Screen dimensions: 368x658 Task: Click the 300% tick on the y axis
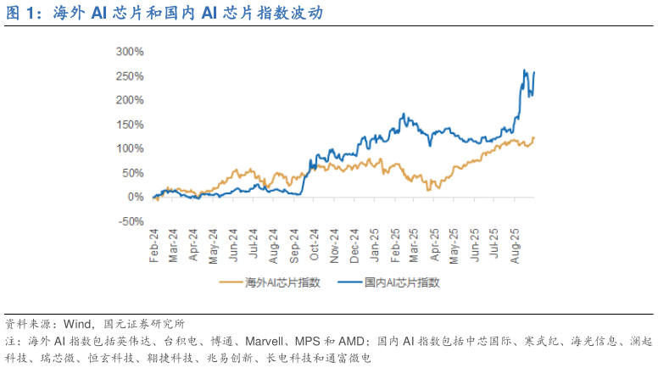point(130,52)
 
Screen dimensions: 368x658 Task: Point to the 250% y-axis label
point(130,75)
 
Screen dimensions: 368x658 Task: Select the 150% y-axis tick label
point(130,124)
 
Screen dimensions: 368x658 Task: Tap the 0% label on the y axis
point(136,197)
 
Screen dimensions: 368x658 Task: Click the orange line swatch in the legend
point(231,282)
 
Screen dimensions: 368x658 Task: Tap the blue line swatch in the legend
point(350,282)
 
